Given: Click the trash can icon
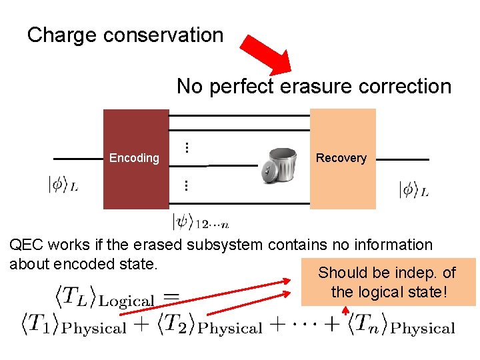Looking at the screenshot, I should pyautogui.click(x=278, y=164).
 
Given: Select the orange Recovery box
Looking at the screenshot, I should pyautogui.click(x=343, y=159).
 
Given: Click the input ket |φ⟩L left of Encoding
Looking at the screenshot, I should pyautogui.click(x=63, y=185).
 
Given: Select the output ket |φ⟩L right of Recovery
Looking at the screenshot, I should pyautogui.click(x=413, y=189).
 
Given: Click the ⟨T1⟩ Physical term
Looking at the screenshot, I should pyautogui.click(x=73, y=326).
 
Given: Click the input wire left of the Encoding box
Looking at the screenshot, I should pyautogui.click(x=78, y=159).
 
